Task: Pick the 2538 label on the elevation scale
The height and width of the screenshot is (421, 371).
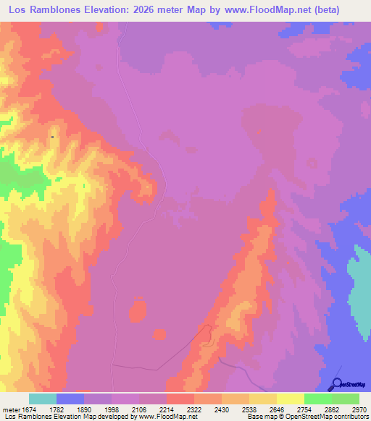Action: (250, 409)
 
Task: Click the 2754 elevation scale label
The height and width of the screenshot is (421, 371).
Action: (304, 409)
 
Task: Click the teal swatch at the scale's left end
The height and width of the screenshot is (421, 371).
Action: (42, 399)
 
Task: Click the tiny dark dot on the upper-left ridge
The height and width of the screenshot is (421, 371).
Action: (53, 136)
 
